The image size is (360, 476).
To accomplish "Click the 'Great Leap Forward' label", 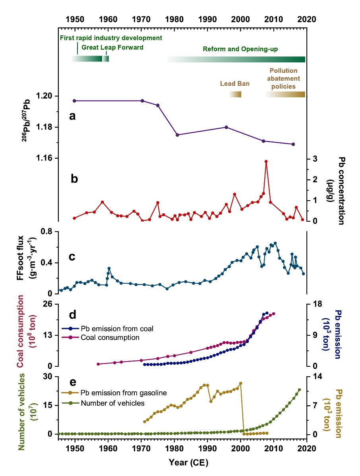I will [x=112, y=47].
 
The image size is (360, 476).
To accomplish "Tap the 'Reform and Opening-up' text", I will [x=240, y=49].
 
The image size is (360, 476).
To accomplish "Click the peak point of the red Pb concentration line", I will [x=266, y=162].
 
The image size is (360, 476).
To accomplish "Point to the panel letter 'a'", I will [x=72, y=116].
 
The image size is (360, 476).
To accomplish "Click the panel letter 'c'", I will [x=72, y=256].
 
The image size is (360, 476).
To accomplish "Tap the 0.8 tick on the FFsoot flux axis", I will [x=49, y=232].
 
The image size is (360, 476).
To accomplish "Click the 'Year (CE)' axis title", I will [x=182, y=462].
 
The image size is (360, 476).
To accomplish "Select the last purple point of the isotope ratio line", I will [x=293, y=144].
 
